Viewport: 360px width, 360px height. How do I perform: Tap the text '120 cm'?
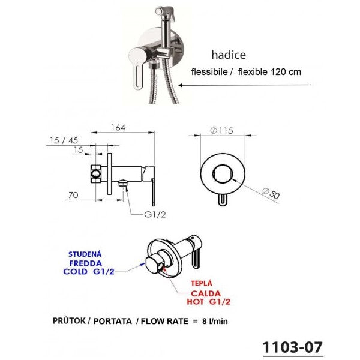(287, 71)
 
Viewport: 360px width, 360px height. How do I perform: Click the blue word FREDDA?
(85, 262)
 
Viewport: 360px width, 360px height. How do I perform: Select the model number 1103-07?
(293, 347)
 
